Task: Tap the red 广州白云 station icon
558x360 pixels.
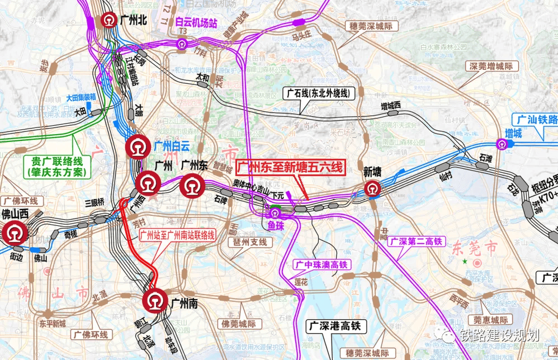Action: pyautogui.click(x=137, y=148)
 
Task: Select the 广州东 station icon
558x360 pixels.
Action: pyautogui.click(x=192, y=185)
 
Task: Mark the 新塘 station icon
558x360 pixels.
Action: pyautogui.click(x=373, y=190)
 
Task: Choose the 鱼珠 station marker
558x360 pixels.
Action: pyautogui.click(x=275, y=212)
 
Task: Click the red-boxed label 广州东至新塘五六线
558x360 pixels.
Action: pyautogui.click(x=290, y=168)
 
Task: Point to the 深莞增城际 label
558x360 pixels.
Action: pyautogui.click(x=491, y=67)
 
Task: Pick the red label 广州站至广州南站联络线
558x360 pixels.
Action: pyautogui.click(x=177, y=235)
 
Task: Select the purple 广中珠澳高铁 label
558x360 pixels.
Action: pyautogui.click(x=322, y=264)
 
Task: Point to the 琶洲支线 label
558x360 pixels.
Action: pyautogui.click(x=250, y=242)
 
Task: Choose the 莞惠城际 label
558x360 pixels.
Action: pyautogui.click(x=490, y=320)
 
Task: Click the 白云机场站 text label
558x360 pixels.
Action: pyautogui.click(x=195, y=23)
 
